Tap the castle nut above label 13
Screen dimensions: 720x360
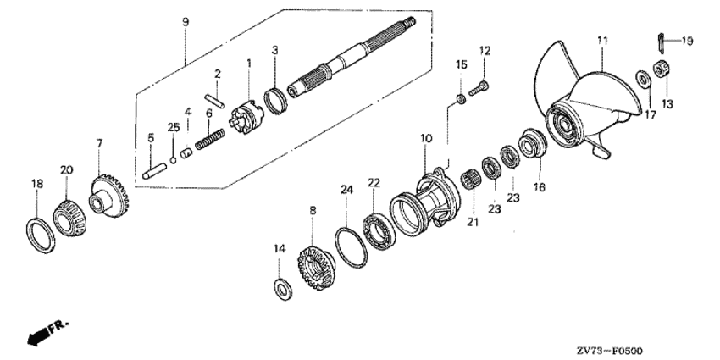pyautogui.click(x=662, y=69)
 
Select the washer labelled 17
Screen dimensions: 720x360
pyautogui.click(x=643, y=80)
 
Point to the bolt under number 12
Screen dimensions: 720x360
pyautogui.click(x=478, y=88)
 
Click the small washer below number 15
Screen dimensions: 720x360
pyautogui.click(x=462, y=99)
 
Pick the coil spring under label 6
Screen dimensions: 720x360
pyautogui.click(x=210, y=139)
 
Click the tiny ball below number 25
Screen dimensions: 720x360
pyautogui.click(x=173, y=160)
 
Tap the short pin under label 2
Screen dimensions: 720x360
pyautogui.click(x=214, y=101)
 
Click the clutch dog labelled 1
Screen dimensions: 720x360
pyautogui.click(x=246, y=118)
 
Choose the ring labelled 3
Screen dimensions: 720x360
pyautogui.click(x=275, y=101)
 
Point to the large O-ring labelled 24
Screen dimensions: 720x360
pyautogui.click(x=351, y=247)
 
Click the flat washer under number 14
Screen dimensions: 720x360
pyautogui.click(x=283, y=289)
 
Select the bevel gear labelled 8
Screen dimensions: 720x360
pyautogui.click(x=316, y=269)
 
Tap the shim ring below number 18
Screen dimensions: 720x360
pyautogui.click(x=41, y=236)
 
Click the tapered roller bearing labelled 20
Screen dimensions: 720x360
pyautogui.click(x=69, y=218)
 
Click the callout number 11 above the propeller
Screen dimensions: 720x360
pyautogui.click(x=602, y=41)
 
